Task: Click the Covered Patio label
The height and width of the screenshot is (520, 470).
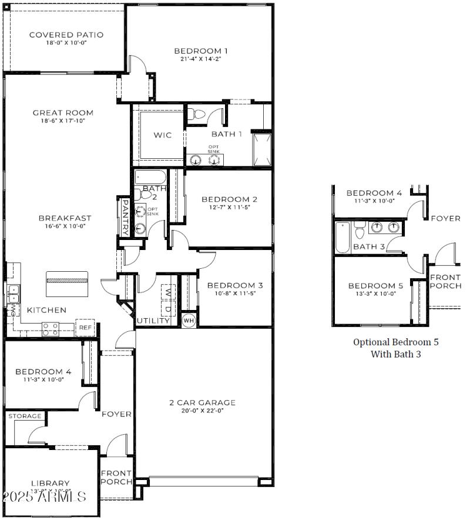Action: point(66,35)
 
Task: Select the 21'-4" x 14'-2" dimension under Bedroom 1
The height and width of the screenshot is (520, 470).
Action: point(200,59)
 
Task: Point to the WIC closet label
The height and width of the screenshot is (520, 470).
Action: point(163,135)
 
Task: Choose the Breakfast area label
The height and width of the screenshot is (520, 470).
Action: point(65,218)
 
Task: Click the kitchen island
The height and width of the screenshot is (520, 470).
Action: point(67,284)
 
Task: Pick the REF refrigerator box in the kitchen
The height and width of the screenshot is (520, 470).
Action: point(85,328)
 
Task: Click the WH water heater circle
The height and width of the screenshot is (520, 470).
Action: point(189,321)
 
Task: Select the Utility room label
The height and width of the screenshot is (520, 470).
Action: point(153,321)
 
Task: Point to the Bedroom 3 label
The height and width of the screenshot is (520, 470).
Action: point(234,285)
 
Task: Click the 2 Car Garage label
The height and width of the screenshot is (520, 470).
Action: point(202,402)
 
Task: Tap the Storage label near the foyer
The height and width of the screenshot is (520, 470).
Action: point(25,416)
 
